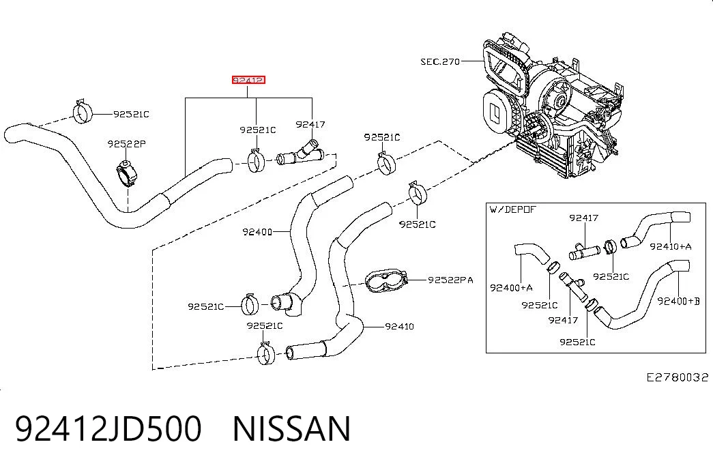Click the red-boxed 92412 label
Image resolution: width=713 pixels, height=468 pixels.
(248, 80)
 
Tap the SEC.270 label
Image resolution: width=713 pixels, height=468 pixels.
(440, 61)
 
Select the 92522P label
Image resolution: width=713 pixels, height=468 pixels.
(126, 144)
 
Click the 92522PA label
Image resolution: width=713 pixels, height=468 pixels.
(450, 280)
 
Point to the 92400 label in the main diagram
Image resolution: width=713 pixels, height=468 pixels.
(257, 232)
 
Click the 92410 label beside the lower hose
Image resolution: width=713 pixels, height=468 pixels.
(399, 326)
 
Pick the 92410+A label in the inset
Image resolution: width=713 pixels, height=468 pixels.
(670, 246)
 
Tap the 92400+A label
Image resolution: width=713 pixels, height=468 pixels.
(511, 287)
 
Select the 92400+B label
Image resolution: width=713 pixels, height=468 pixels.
(678, 301)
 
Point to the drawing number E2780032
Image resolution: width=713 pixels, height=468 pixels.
(678, 377)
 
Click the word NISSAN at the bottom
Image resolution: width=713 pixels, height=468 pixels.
(291, 428)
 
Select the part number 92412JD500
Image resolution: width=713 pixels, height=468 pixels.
(108, 428)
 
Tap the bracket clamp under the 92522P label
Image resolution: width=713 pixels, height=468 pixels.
(127, 175)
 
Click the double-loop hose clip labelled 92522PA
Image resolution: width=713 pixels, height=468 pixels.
(385, 281)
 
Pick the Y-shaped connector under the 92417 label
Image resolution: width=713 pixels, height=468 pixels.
(301, 153)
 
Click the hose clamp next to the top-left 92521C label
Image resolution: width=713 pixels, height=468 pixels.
(83, 111)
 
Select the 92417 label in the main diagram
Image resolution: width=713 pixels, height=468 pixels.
(310, 124)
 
